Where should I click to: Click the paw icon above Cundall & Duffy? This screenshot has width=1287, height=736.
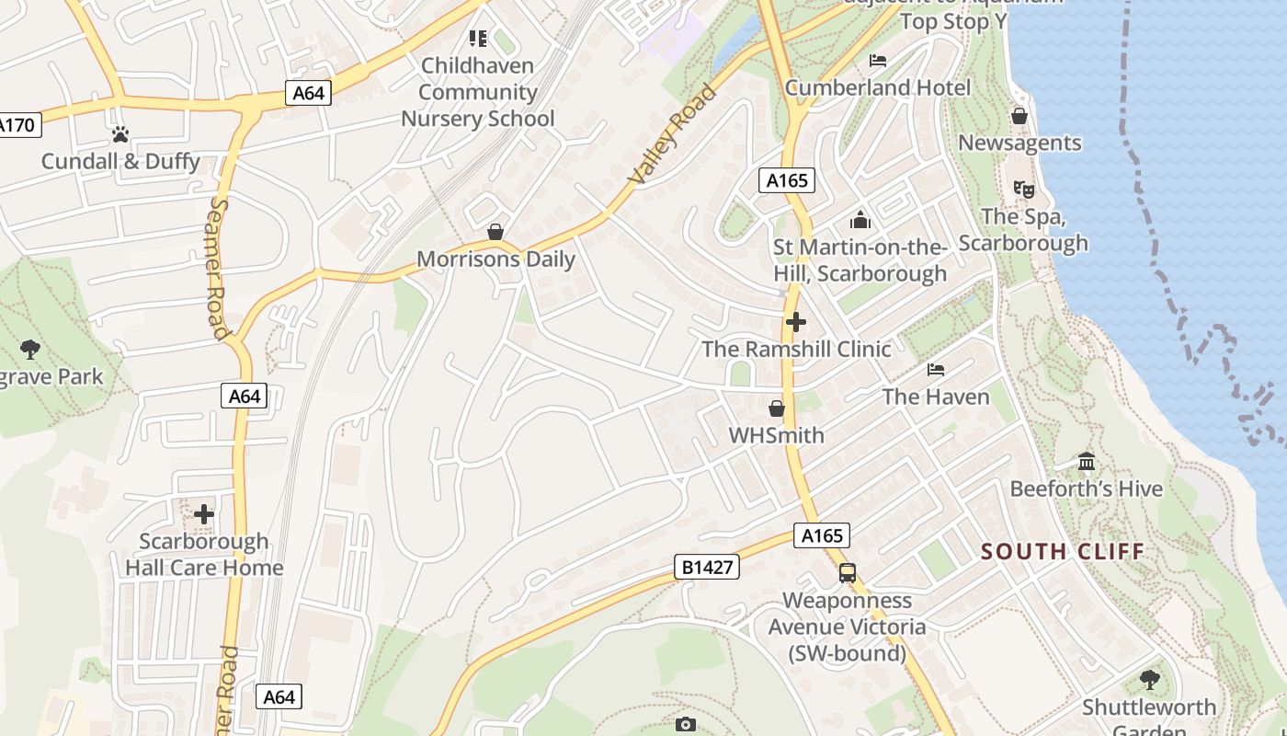point(120,134)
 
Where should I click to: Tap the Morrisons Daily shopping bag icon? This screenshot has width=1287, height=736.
point(495,231)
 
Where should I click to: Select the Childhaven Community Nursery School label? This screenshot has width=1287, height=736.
point(478,92)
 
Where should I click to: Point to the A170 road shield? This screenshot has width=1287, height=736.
point(18,124)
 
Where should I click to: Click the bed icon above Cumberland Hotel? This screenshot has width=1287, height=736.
point(878,61)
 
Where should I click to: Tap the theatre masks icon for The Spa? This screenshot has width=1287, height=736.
point(1023,190)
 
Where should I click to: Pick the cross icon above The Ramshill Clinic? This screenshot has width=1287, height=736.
point(796,322)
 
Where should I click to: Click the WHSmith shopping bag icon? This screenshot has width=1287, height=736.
point(777,408)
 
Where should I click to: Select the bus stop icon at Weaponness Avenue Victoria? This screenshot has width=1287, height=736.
point(848,573)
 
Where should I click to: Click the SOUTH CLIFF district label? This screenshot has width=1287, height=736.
point(1063,552)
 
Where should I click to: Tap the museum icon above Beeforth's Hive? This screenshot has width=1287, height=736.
point(1087,461)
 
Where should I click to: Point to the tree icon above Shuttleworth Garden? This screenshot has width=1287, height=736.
point(1149,680)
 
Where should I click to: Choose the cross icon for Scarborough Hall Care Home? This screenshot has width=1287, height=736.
point(204,513)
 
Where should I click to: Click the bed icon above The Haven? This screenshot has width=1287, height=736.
point(936,370)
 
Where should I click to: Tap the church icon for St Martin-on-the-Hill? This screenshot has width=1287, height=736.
point(860,220)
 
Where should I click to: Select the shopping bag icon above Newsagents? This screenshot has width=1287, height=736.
point(1019,116)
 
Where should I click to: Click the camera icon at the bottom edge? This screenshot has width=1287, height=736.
point(686,725)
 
